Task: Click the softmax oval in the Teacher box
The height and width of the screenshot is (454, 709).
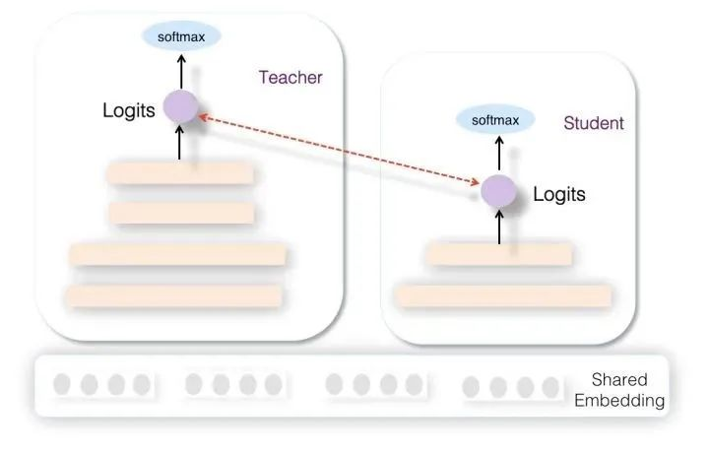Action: click(x=181, y=36)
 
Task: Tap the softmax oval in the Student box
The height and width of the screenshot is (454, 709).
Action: click(x=495, y=120)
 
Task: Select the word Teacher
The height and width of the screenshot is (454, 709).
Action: click(x=290, y=78)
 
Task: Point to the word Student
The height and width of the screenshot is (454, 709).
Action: click(x=593, y=123)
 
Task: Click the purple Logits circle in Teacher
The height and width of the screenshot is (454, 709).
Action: click(x=181, y=106)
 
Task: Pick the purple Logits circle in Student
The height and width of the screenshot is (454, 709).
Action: click(x=498, y=192)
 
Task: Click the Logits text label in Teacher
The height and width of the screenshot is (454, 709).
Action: click(x=129, y=110)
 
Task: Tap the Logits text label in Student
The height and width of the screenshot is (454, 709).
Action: click(x=559, y=194)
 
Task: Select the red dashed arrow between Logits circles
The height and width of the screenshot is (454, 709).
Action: click(x=339, y=150)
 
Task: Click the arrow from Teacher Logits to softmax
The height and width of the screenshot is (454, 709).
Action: click(x=181, y=72)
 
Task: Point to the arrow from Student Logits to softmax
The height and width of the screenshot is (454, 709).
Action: click(x=499, y=154)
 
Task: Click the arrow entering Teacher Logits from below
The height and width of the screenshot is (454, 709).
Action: click(x=179, y=143)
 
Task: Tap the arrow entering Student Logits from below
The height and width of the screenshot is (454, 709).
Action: click(x=499, y=227)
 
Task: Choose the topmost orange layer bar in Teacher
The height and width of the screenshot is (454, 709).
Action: click(x=180, y=173)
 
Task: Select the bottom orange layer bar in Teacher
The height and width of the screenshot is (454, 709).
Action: click(x=174, y=296)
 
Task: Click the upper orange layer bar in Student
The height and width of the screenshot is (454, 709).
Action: click(x=499, y=254)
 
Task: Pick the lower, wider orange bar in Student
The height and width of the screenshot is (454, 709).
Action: click(x=503, y=296)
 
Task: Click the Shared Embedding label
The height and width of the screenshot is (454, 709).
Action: click(x=619, y=390)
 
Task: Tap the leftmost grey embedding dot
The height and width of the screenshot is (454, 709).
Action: click(x=62, y=384)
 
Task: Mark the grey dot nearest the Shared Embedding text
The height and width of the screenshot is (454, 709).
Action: click(x=550, y=387)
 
